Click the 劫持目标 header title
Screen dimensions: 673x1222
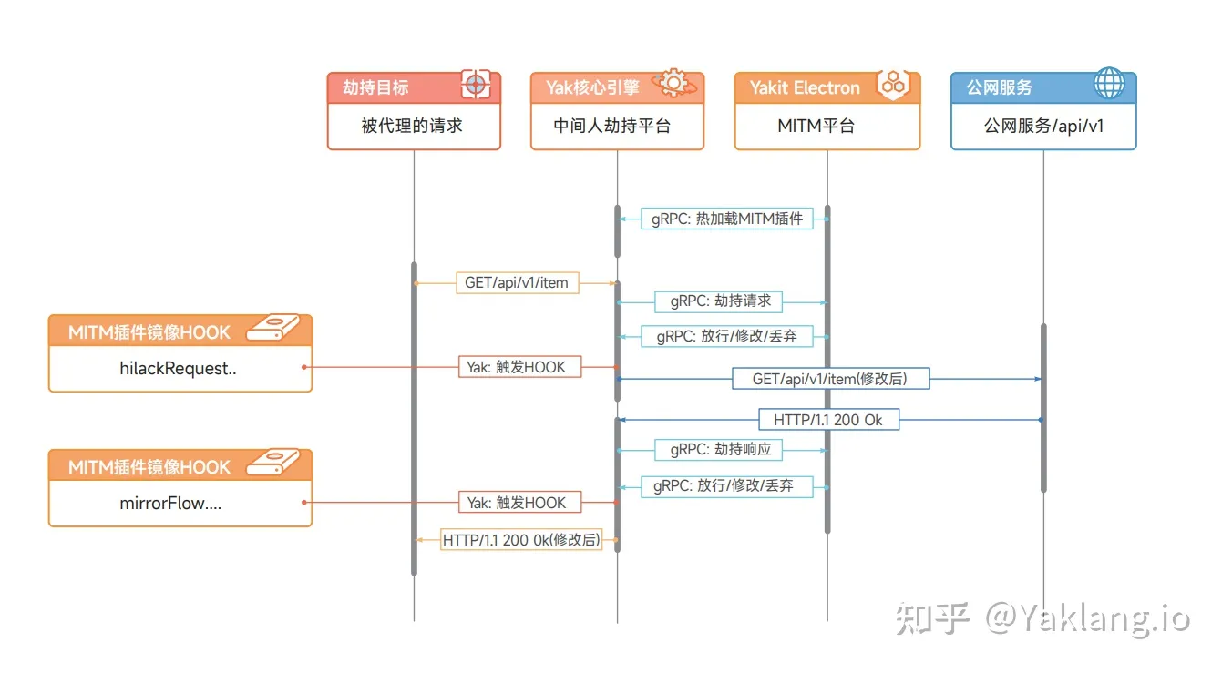375,87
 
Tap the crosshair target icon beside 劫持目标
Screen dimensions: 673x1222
475,86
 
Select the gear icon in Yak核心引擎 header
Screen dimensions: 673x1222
674,83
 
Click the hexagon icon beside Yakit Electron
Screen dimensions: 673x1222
892,85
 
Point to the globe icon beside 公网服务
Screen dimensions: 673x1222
1109,85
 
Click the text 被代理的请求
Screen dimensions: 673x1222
412,126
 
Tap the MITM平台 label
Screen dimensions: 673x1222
816,126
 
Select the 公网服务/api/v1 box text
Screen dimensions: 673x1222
1043,126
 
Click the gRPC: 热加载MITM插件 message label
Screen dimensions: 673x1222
727,219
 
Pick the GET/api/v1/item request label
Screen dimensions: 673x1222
516,283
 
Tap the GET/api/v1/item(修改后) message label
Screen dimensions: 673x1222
829,378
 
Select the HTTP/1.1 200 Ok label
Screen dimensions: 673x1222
828,420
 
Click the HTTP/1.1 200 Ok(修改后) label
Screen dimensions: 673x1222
521,539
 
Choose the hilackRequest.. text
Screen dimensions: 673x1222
179,369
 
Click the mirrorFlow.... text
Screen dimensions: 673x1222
170,503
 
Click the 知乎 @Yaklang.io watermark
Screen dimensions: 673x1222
1042,618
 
